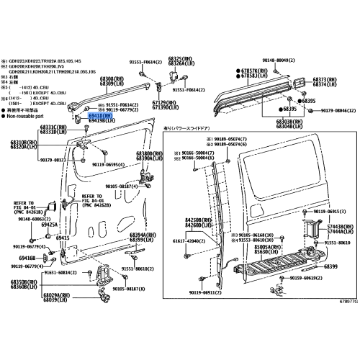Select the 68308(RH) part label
[x=111, y=78]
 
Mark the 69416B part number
[x=27, y=257]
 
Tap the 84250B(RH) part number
[x=196, y=219]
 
